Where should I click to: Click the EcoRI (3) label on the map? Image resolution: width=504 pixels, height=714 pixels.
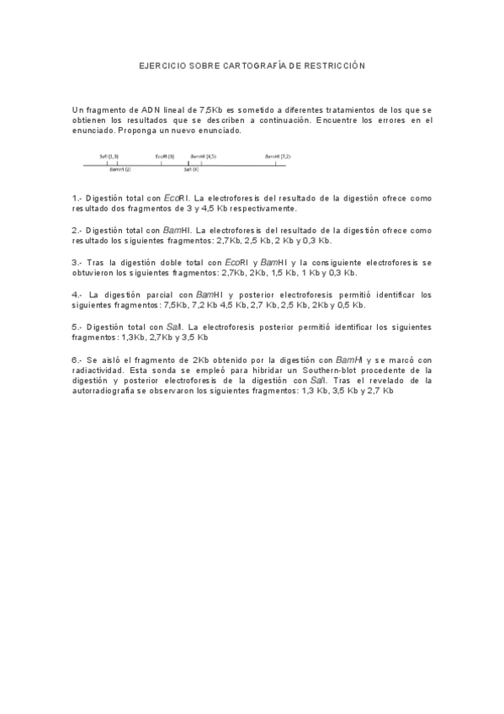165,156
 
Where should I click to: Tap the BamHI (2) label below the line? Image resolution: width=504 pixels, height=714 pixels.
120,169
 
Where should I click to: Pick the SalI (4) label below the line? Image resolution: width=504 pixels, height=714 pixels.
191,169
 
